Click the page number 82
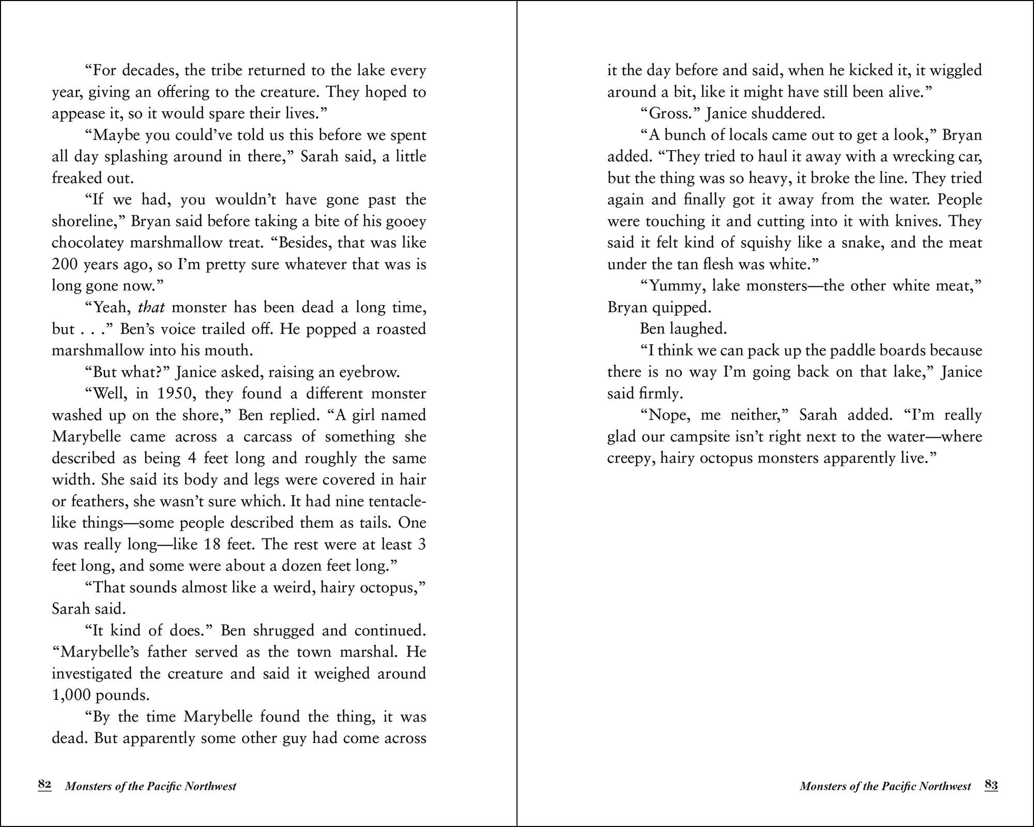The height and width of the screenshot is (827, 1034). point(44,785)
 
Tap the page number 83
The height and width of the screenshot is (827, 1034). point(991,785)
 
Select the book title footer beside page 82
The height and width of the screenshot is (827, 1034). point(150,787)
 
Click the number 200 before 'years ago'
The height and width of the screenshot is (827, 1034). point(66,265)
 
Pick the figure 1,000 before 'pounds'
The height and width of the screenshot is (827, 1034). point(71,695)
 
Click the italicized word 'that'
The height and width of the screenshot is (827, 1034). point(151,308)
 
